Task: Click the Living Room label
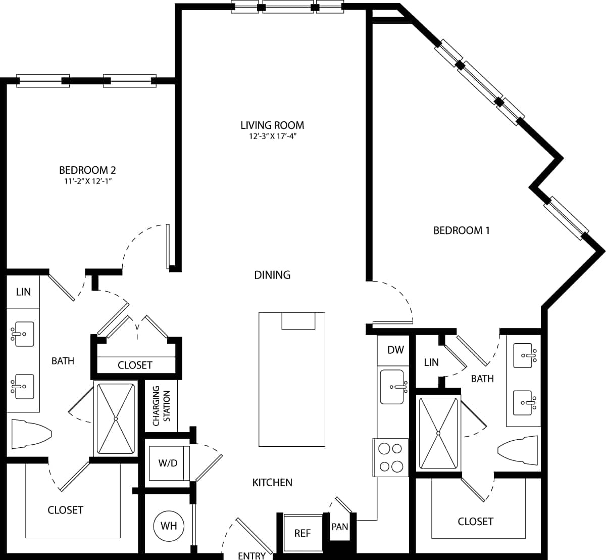(x=272, y=125)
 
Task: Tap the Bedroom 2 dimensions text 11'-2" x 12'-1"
(x=85, y=181)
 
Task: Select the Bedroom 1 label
(x=462, y=230)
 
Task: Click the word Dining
(x=272, y=275)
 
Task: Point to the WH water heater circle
(x=169, y=526)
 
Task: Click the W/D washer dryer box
(x=168, y=463)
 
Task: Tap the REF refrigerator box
(x=302, y=533)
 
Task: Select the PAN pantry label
(x=340, y=527)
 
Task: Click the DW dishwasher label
(x=395, y=350)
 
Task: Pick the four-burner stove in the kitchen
(x=390, y=457)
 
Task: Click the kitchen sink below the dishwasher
(x=392, y=387)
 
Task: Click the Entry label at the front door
(x=251, y=555)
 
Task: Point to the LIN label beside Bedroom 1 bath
(x=431, y=362)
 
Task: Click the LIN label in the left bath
(x=23, y=292)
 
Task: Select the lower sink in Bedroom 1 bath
(x=524, y=402)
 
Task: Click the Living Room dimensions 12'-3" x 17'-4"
(x=272, y=136)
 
